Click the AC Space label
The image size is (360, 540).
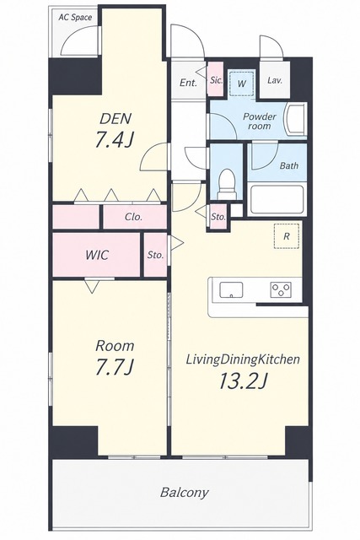[x=75, y=17]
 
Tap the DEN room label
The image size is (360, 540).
[x=116, y=119]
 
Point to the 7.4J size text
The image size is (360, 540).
[x=115, y=140]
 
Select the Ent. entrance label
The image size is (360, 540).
[x=188, y=83]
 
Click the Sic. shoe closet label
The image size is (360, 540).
[x=216, y=80]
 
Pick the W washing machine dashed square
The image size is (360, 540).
[x=242, y=83]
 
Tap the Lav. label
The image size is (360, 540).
[x=275, y=81]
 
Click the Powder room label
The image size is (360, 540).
[x=260, y=121]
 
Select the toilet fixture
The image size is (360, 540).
[x=228, y=185]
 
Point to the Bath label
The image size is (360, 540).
[x=288, y=165]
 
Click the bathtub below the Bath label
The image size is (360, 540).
[x=277, y=199]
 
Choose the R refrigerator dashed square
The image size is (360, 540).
[x=287, y=236]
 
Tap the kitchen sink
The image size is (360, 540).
[x=231, y=290]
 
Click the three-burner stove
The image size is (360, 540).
[x=281, y=289]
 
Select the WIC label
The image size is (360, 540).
[x=97, y=255]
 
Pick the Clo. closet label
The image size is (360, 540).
[x=133, y=218]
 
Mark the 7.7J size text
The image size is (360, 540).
[x=115, y=367]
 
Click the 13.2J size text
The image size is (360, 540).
[x=244, y=381]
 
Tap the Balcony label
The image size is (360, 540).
[x=185, y=493]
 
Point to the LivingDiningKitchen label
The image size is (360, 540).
[x=243, y=360]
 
